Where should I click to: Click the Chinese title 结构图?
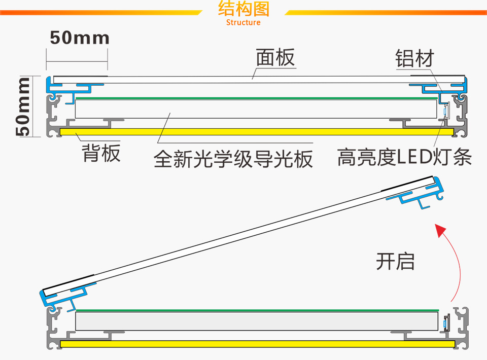243,9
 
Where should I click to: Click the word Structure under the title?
243,22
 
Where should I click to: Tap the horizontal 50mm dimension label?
80,38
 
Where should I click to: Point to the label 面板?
275,57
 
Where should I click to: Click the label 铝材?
414,58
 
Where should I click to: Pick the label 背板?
101,153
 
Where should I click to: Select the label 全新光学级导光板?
233,159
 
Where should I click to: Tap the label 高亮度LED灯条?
404,158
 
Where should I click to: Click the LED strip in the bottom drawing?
446,322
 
